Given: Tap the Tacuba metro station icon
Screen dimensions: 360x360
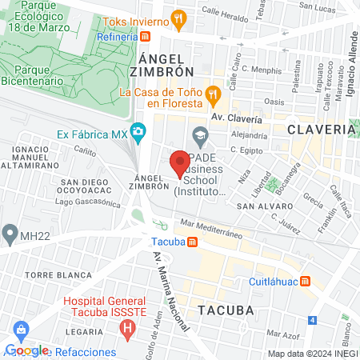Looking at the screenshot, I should point(192,242).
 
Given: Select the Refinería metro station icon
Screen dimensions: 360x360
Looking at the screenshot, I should point(145,37).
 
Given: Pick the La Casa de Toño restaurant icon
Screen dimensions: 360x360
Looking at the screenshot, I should point(213,94).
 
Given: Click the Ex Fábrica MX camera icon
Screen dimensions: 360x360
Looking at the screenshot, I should point(138,130).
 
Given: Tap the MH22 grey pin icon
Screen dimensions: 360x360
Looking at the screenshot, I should point(9,234).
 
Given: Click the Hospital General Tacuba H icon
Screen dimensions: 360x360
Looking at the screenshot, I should point(126,326).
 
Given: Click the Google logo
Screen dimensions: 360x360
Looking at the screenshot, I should point(26,350).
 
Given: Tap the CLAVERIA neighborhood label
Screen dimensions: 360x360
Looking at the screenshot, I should point(321,129).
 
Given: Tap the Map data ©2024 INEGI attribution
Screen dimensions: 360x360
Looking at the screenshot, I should point(312,354).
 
